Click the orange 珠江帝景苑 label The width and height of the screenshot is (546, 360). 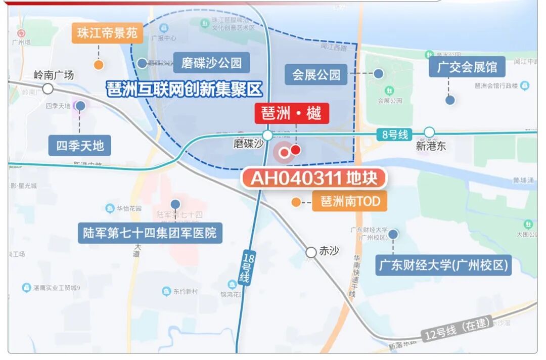point(107,33)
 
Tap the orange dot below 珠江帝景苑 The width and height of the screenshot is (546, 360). point(99,65)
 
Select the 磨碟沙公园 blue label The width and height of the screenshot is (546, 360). point(211,63)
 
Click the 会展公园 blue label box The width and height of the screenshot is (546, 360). point(316,75)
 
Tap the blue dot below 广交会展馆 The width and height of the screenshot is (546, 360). point(450,100)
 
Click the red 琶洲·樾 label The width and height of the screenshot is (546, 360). point(292,113)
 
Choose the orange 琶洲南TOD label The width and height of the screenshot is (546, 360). point(350,202)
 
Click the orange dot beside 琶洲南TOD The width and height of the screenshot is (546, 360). point(296,202)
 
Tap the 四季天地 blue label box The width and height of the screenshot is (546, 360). point(80,146)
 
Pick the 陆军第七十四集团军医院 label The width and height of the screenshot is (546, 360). point(150,233)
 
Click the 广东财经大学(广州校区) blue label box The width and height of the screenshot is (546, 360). point(443,264)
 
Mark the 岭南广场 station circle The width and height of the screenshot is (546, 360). point(48,89)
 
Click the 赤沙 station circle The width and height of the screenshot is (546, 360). point(311,252)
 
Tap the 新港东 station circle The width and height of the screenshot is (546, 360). point(429,132)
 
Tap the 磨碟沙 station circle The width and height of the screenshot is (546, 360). point(267,135)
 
